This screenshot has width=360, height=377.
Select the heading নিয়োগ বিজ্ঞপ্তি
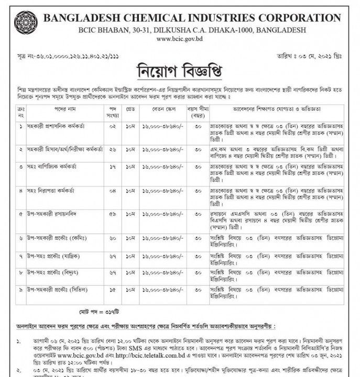click(180, 70)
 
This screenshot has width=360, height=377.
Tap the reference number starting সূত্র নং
click(62, 56)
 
